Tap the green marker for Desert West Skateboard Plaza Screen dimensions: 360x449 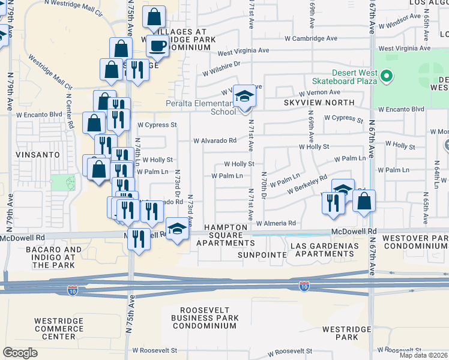click(387, 76)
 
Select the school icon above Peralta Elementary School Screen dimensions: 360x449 click(244, 96)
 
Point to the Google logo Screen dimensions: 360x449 click(20, 353)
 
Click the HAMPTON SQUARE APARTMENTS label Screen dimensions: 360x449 click(229, 235)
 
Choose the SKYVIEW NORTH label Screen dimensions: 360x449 click(307, 103)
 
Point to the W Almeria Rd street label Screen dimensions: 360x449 click(276, 223)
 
